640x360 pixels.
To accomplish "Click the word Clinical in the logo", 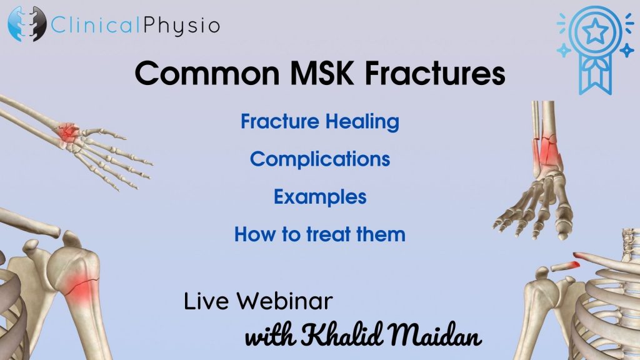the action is click(x=97, y=25).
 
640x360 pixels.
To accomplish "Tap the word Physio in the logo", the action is click(x=182, y=26).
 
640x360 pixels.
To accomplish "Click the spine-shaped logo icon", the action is click(x=27, y=24).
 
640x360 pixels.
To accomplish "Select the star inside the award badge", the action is click(x=595, y=31).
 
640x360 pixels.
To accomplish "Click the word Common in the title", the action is click(x=207, y=74).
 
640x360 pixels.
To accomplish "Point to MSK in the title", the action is click(x=322, y=74).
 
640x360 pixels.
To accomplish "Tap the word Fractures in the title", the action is click(x=435, y=74).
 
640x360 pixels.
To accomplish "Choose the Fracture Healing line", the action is click(x=320, y=122).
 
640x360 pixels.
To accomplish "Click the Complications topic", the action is click(x=320, y=159).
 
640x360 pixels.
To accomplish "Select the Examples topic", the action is click(x=320, y=197).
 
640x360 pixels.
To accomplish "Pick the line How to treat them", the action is click(x=320, y=234).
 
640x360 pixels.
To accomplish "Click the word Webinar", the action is click(x=285, y=302).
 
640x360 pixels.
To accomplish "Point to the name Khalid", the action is click(x=342, y=334).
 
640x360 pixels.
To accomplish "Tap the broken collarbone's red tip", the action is click(x=576, y=264).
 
